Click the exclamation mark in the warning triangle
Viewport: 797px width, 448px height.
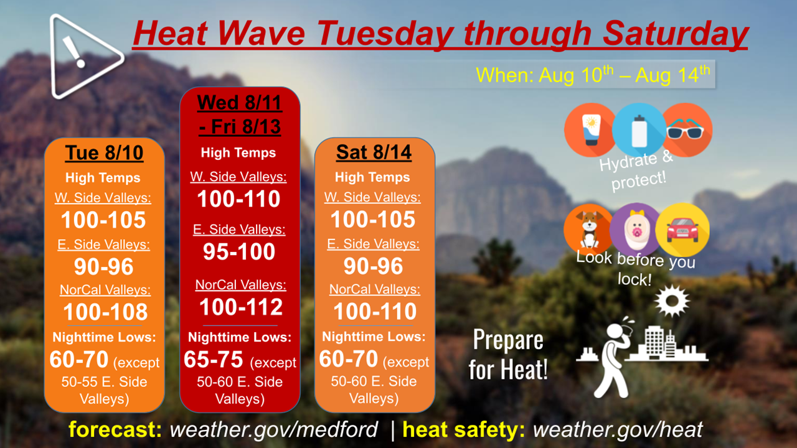tap(74, 52)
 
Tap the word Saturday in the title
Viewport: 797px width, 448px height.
tap(676, 33)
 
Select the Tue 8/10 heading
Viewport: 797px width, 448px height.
tap(104, 153)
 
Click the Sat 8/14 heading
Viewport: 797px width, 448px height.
tap(374, 152)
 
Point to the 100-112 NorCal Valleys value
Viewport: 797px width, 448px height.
tap(241, 307)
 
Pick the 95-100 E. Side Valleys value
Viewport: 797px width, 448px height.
tap(239, 252)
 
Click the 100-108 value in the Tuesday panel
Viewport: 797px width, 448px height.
tap(105, 312)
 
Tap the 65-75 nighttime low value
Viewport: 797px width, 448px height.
tap(213, 359)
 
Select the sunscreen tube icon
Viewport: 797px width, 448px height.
tap(591, 130)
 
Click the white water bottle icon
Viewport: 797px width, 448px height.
tap(639, 131)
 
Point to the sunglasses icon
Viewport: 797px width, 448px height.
tap(685, 129)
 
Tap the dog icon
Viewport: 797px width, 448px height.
tap(590, 229)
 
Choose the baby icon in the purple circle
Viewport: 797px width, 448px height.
tap(636, 230)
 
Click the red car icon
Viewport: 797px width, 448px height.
tap(682, 230)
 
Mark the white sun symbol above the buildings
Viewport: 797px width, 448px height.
tap(672, 301)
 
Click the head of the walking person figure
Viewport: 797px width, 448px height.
tap(614, 332)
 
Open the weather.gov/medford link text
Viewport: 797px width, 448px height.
tap(273, 429)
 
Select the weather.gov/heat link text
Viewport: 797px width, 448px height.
tap(618, 429)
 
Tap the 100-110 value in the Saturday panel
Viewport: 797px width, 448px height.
tap(375, 311)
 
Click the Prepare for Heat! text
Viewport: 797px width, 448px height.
tap(507, 355)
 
